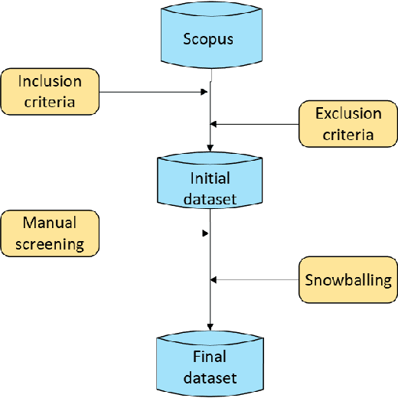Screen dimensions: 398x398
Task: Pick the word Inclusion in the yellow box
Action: click(x=50, y=81)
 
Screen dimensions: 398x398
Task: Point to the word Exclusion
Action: click(x=348, y=114)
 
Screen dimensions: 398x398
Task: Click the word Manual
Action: click(x=50, y=223)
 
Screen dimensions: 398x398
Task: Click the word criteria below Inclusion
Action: click(x=50, y=101)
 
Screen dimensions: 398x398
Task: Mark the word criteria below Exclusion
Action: click(x=348, y=135)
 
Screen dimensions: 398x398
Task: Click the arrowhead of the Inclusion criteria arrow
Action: click(x=204, y=92)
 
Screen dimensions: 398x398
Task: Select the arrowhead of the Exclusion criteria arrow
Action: click(x=214, y=124)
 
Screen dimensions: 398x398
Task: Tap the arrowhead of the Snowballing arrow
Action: click(x=214, y=279)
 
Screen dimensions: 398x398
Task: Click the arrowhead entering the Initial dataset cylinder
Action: click(x=210, y=150)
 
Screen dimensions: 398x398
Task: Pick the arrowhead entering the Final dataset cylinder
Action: click(x=210, y=327)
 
